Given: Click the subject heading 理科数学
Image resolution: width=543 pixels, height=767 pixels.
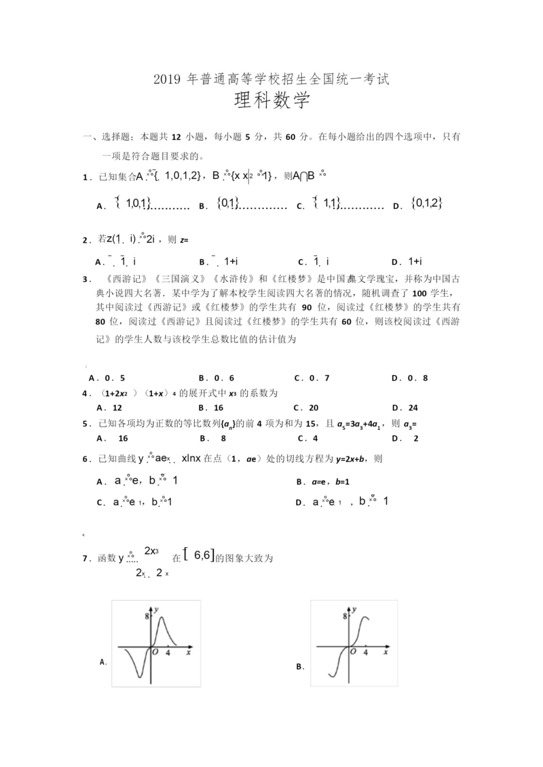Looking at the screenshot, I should [x=271, y=103].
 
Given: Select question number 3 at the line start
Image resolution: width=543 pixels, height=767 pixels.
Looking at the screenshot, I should [x=86, y=278].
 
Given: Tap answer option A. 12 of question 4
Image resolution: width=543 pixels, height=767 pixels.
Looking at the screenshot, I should [x=109, y=408].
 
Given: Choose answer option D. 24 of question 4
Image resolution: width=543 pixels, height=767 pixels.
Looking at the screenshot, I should [x=405, y=408].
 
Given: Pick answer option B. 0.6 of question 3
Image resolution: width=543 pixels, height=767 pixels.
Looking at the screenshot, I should [x=217, y=378].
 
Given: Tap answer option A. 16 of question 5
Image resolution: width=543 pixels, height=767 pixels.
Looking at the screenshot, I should [x=113, y=438].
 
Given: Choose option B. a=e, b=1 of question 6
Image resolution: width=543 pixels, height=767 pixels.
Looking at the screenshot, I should [x=322, y=481].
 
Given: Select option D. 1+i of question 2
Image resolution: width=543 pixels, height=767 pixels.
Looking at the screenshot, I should [x=407, y=261].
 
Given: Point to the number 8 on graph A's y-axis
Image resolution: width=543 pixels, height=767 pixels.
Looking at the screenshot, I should [x=146, y=616].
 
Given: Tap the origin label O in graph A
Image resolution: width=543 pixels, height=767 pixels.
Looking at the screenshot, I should [x=155, y=652].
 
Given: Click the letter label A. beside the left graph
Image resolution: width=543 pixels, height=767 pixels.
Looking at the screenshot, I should [x=104, y=661].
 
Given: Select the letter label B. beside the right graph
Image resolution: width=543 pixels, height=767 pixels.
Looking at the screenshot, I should [x=299, y=667].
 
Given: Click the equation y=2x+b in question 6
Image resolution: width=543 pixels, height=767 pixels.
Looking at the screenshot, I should [x=352, y=459].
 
